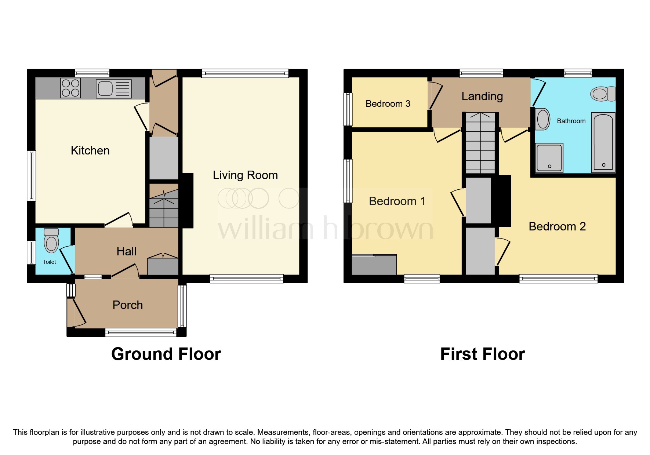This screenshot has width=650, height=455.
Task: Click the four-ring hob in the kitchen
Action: tap(71, 88)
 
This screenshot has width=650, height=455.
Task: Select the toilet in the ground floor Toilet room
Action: tap(51, 241)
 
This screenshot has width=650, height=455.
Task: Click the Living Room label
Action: tap(245, 175)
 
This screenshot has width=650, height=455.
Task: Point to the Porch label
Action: tap(127, 305)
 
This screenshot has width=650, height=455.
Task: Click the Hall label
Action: tap(126, 251)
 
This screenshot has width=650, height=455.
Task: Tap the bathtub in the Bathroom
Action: tap(603, 142)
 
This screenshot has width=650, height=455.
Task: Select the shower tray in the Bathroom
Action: tap(549, 158)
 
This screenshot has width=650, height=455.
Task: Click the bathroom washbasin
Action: tap(543, 119)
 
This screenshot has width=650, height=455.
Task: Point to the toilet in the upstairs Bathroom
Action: tap(602, 94)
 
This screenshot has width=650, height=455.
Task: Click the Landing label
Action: tap(482, 96)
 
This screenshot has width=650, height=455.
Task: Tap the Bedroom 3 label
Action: tap(388, 104)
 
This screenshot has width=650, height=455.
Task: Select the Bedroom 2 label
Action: tap(557, 226)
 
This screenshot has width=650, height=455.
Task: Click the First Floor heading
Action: tap(482, 354)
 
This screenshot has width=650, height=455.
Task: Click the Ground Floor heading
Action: tap(166, 354)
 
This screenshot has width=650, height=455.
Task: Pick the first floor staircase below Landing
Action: tap(480, 143)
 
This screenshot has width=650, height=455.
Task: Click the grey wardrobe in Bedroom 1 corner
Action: tap(374, 265)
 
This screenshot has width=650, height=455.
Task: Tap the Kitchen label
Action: tap(90, 150)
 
